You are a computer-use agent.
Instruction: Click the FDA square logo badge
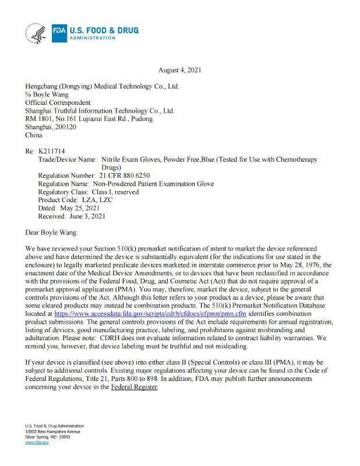pos(59,33)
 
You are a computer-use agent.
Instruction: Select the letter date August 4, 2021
pos(179,70)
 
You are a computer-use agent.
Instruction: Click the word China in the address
pos(34,135)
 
